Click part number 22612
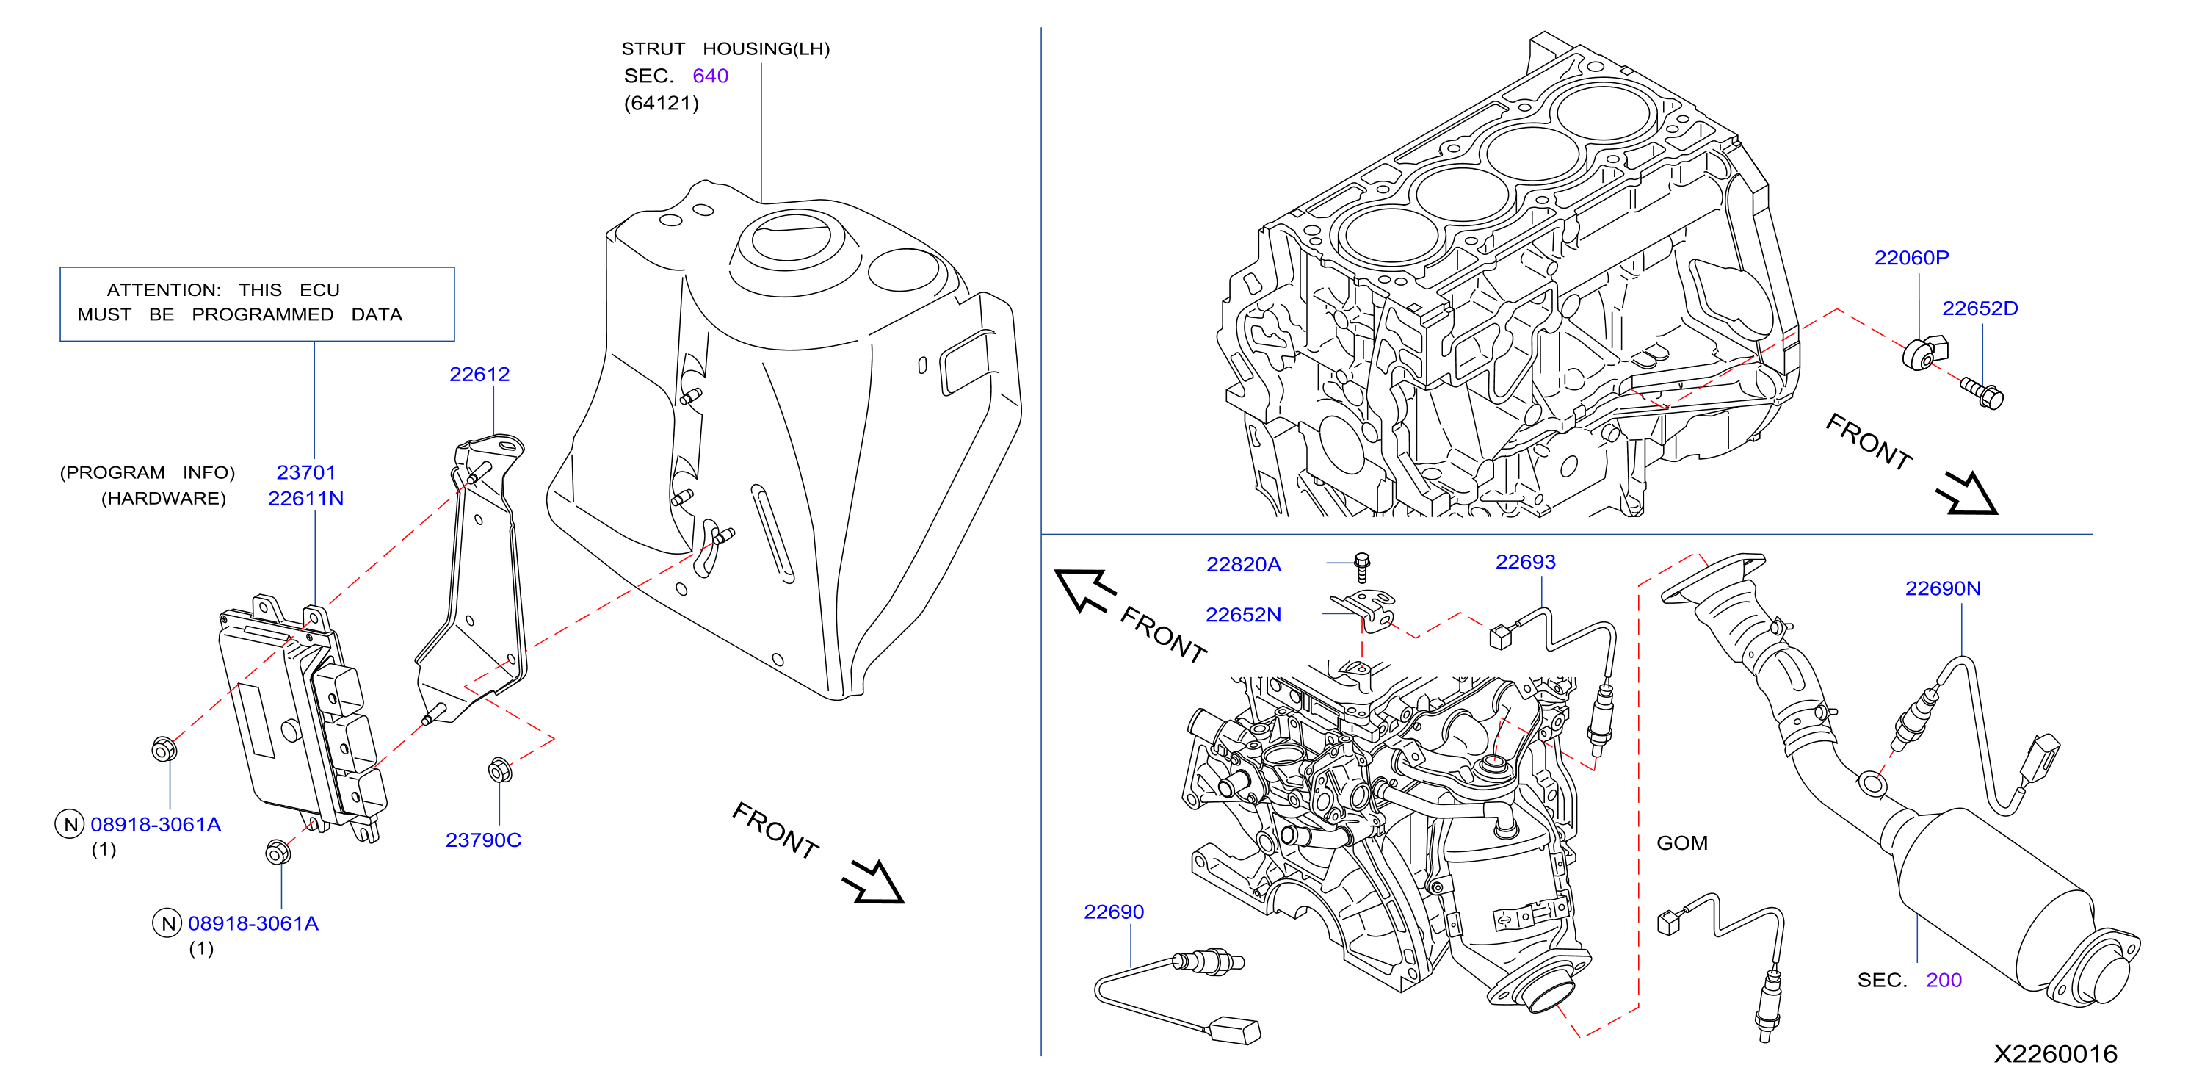point(479,375)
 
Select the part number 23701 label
point(306,473)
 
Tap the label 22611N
point(306,499)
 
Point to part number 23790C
point(483,840)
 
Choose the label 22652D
point(1980,308)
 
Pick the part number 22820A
point(1244,564)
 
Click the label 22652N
point(1244,615)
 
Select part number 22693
point(1526,562)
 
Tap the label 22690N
point(1943,588)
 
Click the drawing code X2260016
point(2056,1054)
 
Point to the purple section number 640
point(710,76)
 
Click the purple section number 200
point(1944,981)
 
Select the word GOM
point(1682,843)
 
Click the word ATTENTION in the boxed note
point(163,291)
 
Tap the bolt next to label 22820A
point(1363,568)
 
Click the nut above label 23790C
point(500,770)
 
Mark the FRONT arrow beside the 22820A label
point(1086,590)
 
